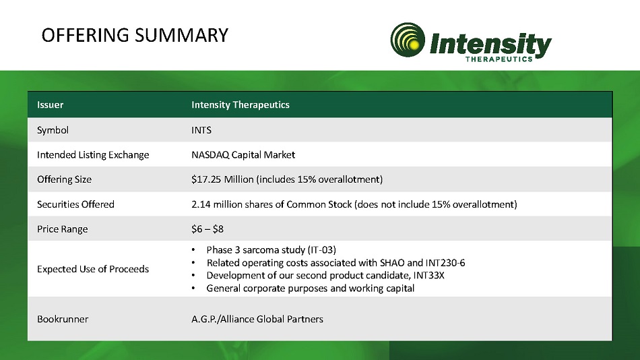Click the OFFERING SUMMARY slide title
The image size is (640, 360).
pos(135,35)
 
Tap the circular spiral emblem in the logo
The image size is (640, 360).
pos(408,40)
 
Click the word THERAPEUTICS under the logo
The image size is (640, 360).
pos(499,59)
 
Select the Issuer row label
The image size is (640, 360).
pos(51,104)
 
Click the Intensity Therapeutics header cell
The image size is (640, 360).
pos(241,104)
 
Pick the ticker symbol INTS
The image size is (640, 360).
pos(201,130)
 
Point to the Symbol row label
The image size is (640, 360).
pos(53,130)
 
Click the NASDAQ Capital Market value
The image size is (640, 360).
pos(243,154)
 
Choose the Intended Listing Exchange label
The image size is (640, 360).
pos(93,155)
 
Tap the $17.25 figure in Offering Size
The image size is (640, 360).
pos(206,179)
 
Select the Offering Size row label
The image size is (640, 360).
pos(64,179)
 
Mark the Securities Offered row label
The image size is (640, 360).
pos(75,204)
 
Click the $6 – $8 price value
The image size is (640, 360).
pos(207,229)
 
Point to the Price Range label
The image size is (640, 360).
pos(63,229)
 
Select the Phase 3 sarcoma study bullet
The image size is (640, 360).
pos(271,249)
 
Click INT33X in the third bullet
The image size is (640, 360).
pos(428,275)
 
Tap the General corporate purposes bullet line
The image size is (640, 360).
pos(310,288)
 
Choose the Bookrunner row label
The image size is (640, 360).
pos(63,319)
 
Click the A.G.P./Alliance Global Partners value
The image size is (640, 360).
pos(257,319)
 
